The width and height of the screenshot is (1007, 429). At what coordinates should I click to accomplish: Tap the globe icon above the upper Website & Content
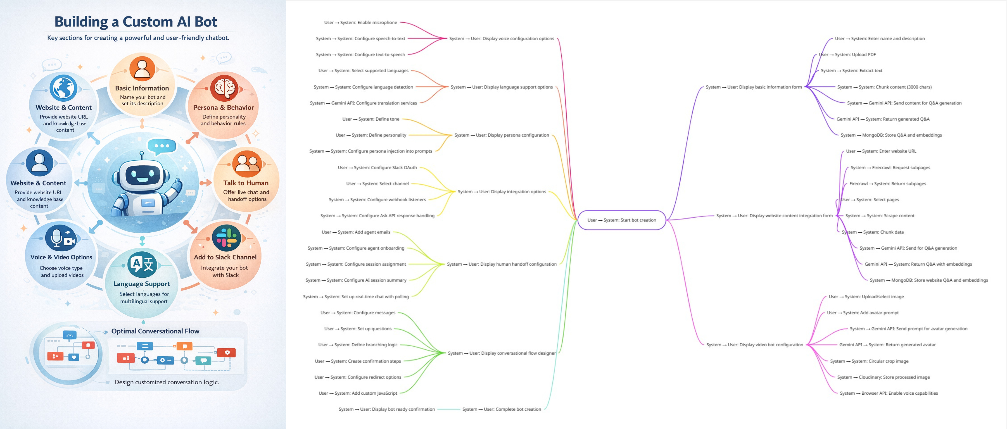(x=63, y=88)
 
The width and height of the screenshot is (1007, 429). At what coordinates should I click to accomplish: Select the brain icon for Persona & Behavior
(x=224, y=88)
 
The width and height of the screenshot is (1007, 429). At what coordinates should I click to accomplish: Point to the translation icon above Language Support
(x=142, y=264)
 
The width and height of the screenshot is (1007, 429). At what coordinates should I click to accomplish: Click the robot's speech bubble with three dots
(x=162, y=146)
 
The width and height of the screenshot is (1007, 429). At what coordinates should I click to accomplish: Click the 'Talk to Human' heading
(x=246, y=183)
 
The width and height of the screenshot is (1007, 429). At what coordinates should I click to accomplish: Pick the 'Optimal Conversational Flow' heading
(x=155, y=331)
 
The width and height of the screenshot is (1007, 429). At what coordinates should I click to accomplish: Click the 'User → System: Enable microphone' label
(x=360, y=23)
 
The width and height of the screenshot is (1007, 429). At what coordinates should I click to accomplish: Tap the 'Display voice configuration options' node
(x=502, y=39)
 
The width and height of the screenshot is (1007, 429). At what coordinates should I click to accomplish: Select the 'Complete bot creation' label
(x=502, y=409)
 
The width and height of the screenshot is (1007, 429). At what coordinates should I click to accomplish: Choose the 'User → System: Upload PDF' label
(x=847, y=55)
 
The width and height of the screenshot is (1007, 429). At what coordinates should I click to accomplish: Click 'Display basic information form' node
(x=753, y=87)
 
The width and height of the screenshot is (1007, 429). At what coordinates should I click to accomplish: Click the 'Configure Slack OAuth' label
(x=377, y=168)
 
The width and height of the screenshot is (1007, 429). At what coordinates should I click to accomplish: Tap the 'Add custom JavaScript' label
(x=358, y=393)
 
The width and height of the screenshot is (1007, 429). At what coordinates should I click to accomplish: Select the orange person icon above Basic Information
(x=142, y=69)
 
